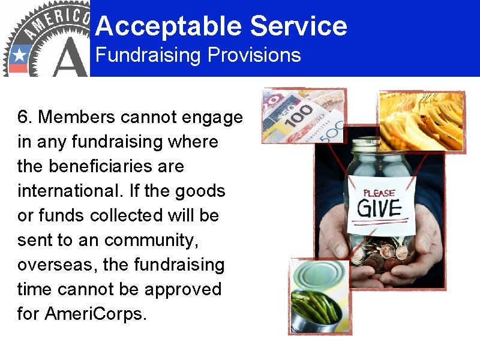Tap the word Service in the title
point(298,26)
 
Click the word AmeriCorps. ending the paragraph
point(95,314)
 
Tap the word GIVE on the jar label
point(379,208)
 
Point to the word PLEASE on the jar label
point(379,193)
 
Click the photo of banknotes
point(303,115)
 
